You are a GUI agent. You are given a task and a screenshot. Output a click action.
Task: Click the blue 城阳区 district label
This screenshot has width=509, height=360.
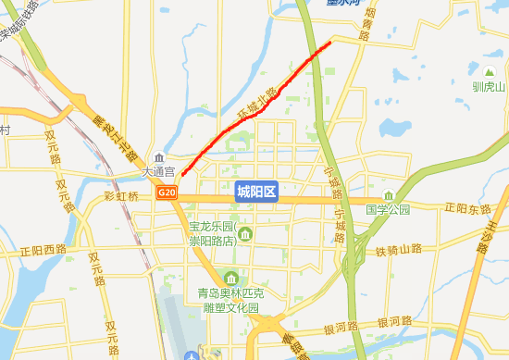pos(256,192)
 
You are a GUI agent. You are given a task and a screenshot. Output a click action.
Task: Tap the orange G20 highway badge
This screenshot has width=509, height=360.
pos(167,192)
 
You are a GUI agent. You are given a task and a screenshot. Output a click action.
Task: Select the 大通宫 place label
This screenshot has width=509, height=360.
pos(158,172)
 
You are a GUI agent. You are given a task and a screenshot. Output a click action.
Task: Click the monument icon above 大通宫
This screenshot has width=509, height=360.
pos(160,158)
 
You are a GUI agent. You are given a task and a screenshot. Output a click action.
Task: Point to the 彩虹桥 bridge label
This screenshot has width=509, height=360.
pos(121,196)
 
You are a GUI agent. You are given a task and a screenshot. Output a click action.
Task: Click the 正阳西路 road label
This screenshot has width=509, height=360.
pos(43,250)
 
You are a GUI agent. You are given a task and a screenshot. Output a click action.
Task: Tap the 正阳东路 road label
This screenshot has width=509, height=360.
pos(468,208)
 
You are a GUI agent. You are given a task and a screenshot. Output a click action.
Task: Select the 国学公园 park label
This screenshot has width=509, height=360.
pos(388,210)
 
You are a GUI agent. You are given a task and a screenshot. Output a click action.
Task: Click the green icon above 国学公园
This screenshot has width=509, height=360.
pos(390,195)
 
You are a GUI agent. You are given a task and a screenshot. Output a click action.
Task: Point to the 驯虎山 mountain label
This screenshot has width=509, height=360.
pos(488,87)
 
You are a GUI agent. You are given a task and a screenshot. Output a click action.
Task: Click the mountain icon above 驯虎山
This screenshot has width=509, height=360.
pos(489,72)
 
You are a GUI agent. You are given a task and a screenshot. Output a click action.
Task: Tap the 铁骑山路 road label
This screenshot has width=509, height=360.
pos(398,250)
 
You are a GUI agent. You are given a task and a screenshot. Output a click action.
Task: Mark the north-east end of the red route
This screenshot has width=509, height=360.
pos(329,43)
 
